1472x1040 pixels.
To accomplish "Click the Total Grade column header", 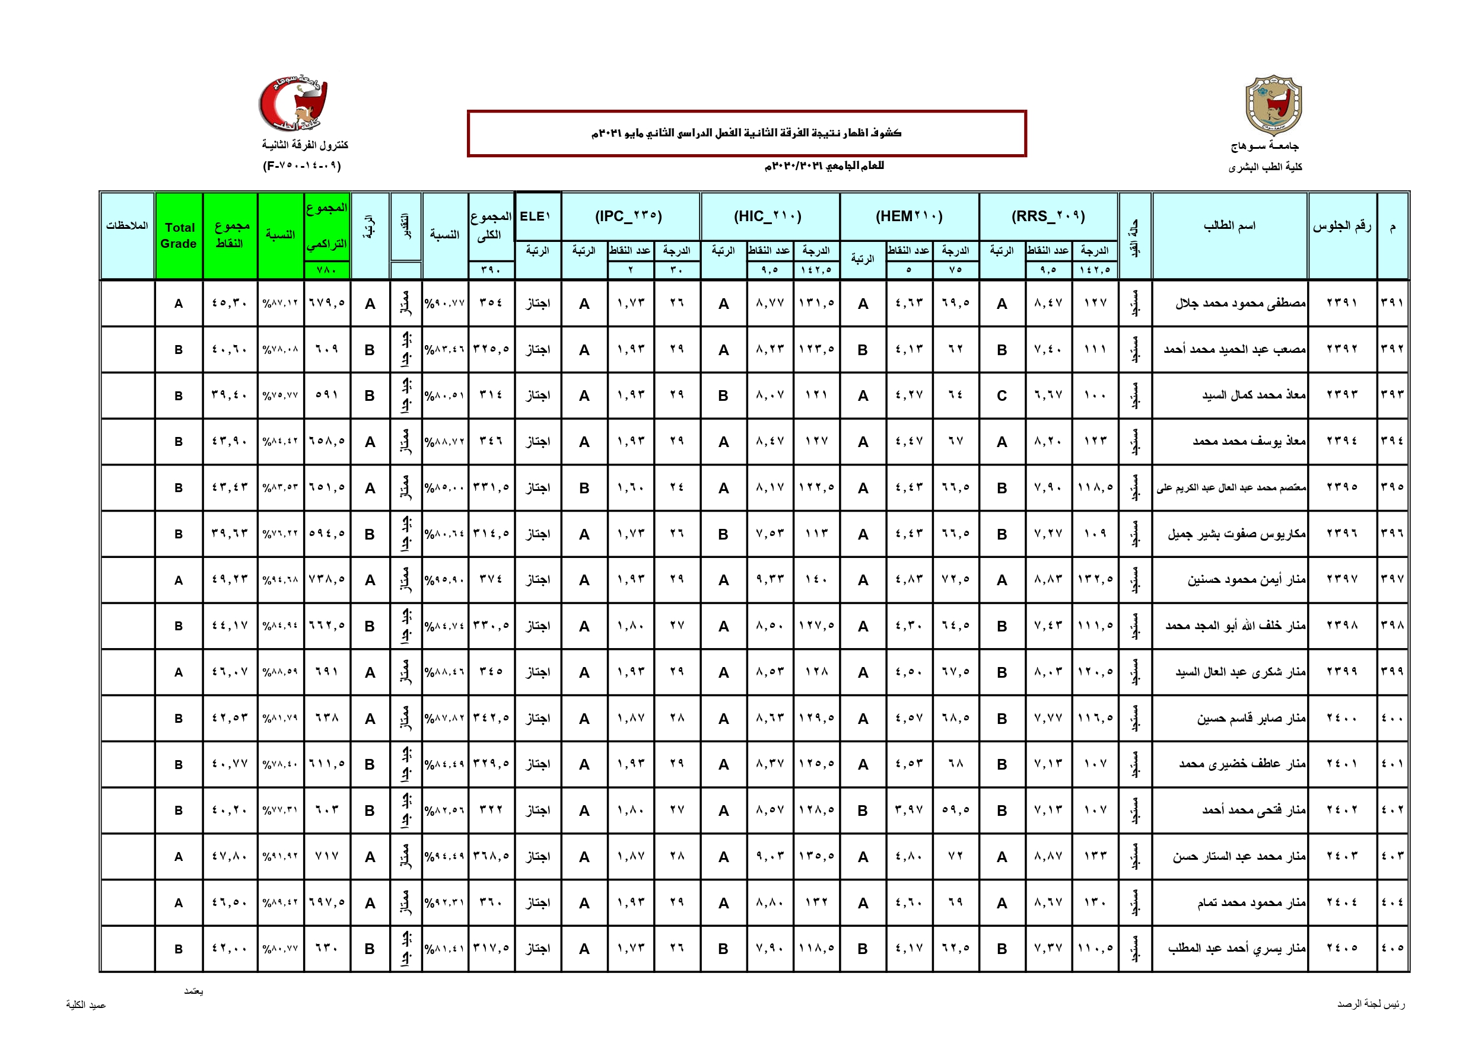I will [x=179, y=235].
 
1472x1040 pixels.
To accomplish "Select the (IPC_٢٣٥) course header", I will [x=628, y=216].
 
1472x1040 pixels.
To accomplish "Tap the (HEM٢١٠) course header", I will [x=908, y=216].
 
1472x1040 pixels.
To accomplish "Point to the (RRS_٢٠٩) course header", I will [x=1048, y=216].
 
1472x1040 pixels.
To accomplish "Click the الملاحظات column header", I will [x=127, y=225].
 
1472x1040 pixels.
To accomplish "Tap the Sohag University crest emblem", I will [x=1273, y=104].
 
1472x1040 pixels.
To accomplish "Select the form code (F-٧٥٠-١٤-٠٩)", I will [x=302, y=166].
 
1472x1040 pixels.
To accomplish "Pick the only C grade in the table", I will [x=1002, y=396].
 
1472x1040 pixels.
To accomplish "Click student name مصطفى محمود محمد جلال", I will [x=1240, y=303].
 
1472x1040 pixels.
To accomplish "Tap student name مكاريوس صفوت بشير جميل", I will [x=1236, y=534].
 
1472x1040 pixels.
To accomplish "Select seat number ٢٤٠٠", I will [x=1342, y=718].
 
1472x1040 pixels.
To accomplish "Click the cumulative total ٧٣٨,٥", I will [x=327, y=580].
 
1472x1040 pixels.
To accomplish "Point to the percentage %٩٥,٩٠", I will [x=444, y=580].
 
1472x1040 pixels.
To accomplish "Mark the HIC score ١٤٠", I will [x=815, y=580].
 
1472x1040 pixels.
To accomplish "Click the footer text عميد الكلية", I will [x=86, y=1005].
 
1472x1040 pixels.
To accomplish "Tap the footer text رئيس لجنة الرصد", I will [x=1371, y=1004].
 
